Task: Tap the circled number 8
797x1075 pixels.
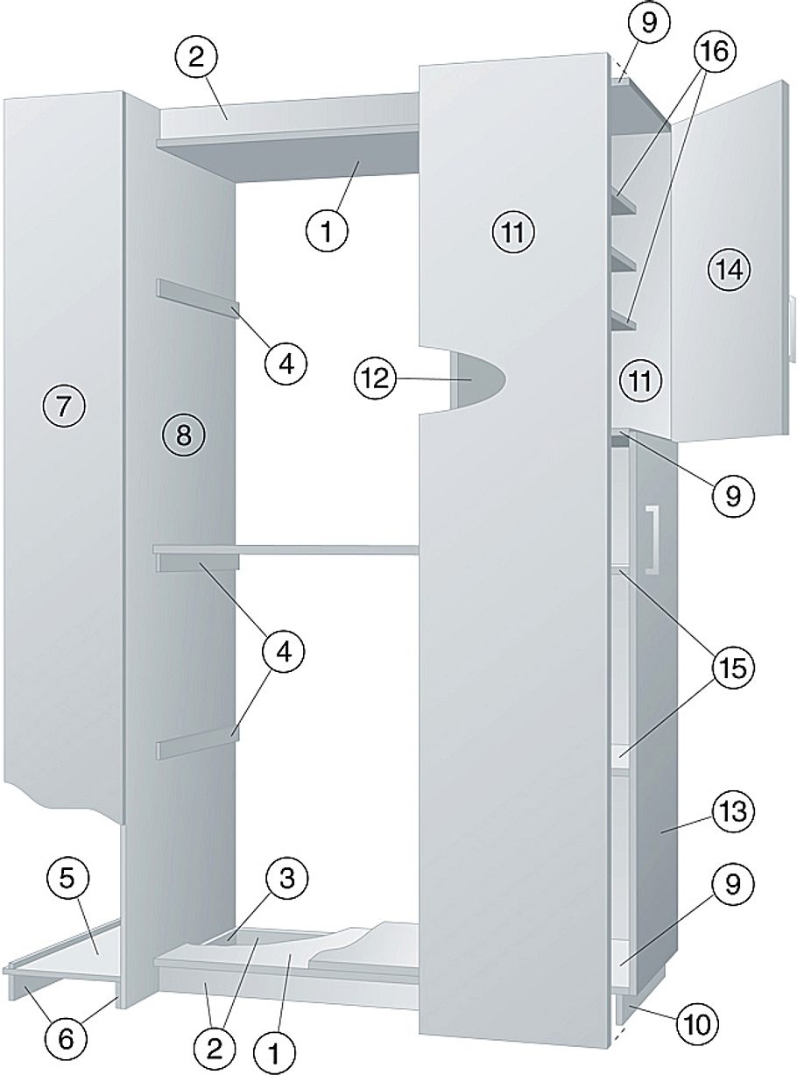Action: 183,435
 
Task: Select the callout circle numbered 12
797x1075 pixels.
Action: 374,379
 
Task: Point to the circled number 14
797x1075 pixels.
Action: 730,270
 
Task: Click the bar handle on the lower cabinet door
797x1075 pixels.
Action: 652,539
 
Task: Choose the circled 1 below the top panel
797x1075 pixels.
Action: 327,231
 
